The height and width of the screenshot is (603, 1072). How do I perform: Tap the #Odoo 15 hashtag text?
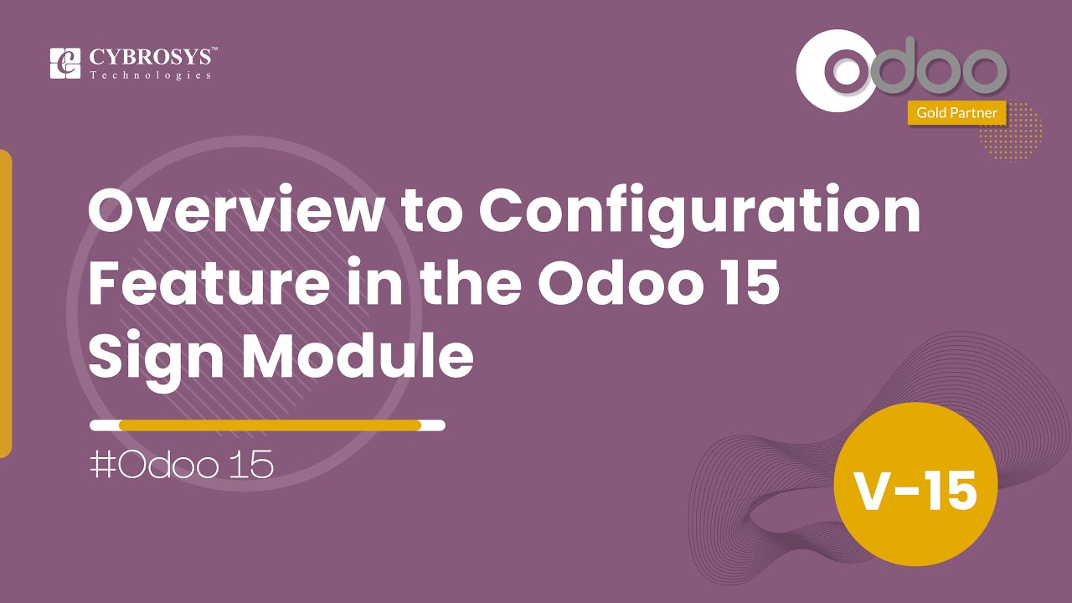click(182, 466)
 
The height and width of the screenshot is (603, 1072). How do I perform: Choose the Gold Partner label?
click(956, 112)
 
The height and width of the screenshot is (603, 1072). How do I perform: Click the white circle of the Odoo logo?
click(837, 72)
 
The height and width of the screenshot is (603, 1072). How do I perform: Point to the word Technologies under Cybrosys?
click(151, 75)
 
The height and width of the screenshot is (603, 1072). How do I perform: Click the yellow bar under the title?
click(269, 425)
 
